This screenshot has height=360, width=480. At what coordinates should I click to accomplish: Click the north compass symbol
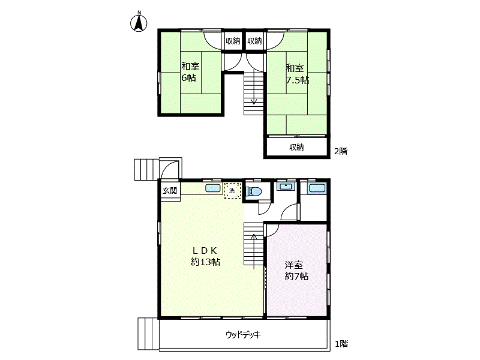pyautogui.click(x=139, y=23)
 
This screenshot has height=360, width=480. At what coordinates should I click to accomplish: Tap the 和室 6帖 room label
pyautogui.click(x=190, y=72)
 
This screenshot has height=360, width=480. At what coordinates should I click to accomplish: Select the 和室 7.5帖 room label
pyautogui.click(x=297, y=74)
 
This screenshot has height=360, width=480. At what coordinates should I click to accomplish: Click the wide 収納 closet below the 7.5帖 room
pyautogui.click(x=296, y=147)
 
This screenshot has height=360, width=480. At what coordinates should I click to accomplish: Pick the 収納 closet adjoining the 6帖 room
pyautogui.click(x=233, y=41)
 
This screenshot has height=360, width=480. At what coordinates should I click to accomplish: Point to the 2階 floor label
pyautogui.click(x=340, y=151)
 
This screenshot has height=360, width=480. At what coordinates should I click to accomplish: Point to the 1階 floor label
pyautogui.click(x=341, y=344)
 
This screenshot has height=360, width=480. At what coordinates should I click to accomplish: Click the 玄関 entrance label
pyautogui.click(x=170, y=190)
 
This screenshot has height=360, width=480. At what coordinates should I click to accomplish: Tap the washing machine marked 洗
pyautogui.click(x=232, y=190)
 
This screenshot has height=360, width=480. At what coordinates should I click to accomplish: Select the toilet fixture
pyautogui.click(x=254, y=191)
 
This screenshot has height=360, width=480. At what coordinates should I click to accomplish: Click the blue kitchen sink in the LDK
pyautogui.click(x=213, y=188)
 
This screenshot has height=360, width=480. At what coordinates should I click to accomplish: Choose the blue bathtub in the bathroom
pyautogui.click(x=317, y=188)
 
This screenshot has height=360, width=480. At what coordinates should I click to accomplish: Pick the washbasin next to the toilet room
pyautogui.click(x=286, y=186)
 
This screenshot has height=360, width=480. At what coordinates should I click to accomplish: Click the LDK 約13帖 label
pyautogui.click(x=205, y=256)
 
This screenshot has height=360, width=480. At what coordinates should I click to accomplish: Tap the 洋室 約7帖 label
pyautogui.click(x=296, y=271)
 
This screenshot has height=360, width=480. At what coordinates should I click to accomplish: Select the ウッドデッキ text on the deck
pyautogui.click(x=244, y=334)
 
